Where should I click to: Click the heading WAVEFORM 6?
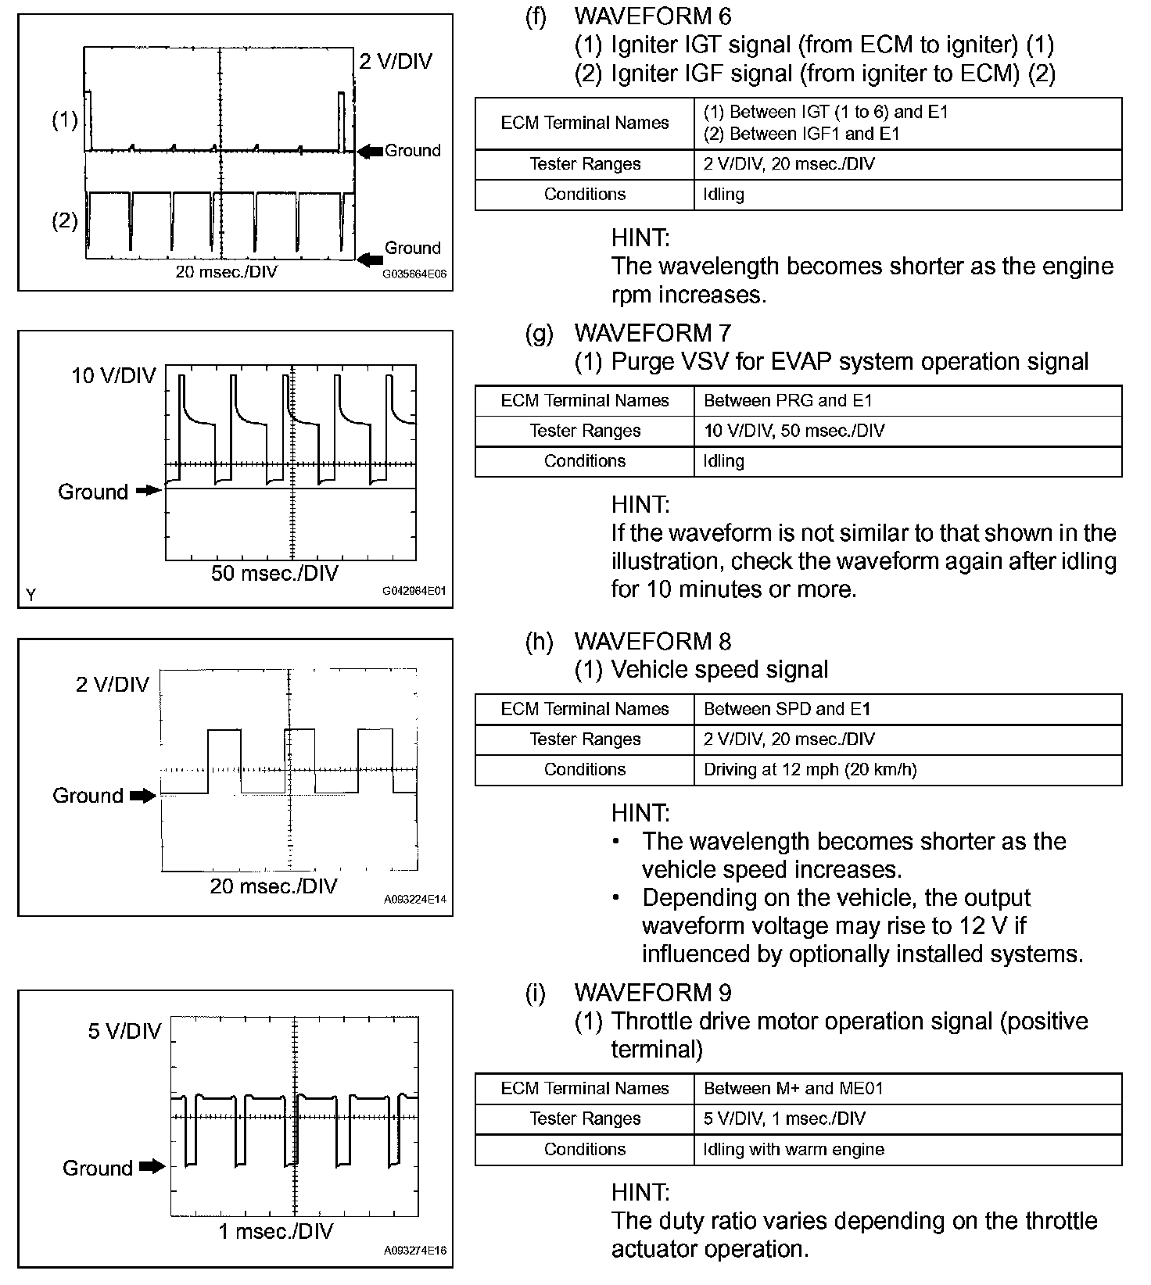(652, 16)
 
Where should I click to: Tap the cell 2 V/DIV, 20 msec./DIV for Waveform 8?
(789, 739)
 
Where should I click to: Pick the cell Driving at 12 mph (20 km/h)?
(810, 769)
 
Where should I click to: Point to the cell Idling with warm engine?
(794, 1149)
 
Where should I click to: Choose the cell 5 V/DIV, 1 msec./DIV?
(784, 1119)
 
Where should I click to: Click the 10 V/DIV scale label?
(113, 376)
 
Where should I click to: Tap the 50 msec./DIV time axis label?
(274, 574)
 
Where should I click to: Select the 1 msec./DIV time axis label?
(275, 1232)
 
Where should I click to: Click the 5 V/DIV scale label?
(124, 1031)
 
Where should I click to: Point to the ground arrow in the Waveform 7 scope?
(147, 491)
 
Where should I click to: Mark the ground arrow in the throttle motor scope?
(152, 1167)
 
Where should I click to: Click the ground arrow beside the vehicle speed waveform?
(142, 796)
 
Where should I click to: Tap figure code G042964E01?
(414, 591)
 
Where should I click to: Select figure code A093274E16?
(414, 1251)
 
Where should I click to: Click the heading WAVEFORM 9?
(652, 993)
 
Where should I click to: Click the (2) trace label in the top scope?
(65, 220)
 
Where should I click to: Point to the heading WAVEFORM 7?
(652, 333)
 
